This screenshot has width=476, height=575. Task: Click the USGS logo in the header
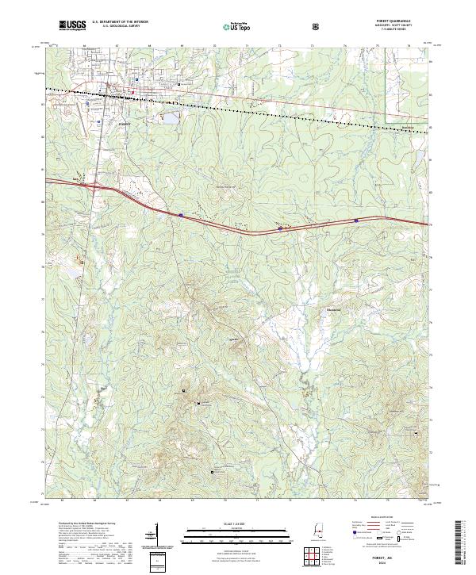(x=73, y=26)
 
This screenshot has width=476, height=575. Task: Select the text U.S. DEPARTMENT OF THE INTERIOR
(x=120, y=24)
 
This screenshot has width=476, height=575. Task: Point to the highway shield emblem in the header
(x=318, y=27)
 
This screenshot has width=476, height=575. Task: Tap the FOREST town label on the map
(x=123, y=125)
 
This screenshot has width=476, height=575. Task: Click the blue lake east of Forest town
(x=171, y=120)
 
